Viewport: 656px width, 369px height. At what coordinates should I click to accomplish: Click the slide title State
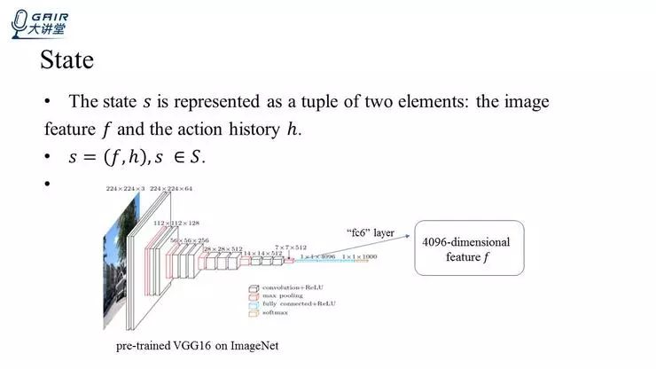(x=67, y=61)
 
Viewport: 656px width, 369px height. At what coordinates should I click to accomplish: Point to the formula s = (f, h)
(x=110, y=158)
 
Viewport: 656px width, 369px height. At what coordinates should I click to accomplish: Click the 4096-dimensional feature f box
(x=469, y=249)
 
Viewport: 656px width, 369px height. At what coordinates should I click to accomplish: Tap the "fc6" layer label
(x=370, y=232)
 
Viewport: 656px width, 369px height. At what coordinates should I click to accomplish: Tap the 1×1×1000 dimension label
(x=359, y=256)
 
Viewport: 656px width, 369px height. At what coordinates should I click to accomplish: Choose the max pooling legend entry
(x=282, y=296)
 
